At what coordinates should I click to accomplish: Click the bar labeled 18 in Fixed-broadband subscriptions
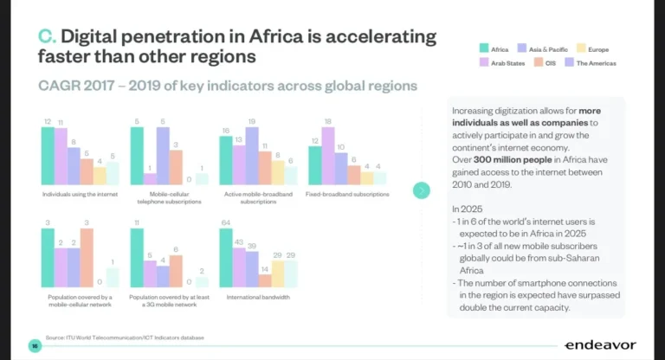327,156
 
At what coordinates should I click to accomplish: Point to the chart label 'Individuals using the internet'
80,195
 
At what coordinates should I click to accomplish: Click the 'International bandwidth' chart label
256,297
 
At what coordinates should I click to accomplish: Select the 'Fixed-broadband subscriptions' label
346,195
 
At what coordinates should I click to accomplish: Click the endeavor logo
599,344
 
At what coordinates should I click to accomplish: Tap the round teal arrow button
422,190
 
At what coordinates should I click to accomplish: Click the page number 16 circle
35,344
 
